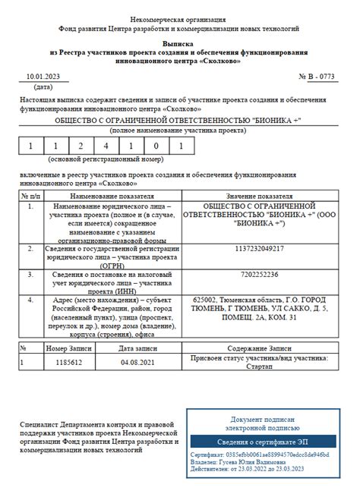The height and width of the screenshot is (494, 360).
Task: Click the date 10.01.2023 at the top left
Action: [x=43, y=77]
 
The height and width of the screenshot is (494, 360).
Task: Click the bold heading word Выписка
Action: [x=179, y=44]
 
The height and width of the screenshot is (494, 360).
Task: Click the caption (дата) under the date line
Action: [x=44, y=87]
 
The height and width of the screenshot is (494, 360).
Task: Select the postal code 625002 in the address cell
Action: [x=207, y=299]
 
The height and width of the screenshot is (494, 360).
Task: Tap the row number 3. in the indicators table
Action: [x=30, y=274]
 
